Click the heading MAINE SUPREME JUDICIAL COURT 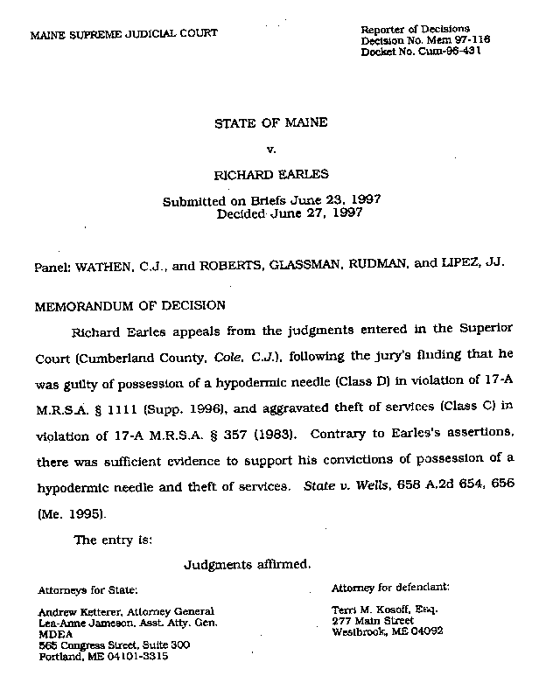click(x=124, y=34)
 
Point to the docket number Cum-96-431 click(x=449, y=52)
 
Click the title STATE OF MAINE click(x=271, y=123)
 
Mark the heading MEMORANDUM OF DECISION click(x=129, y=306)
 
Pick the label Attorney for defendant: click(x=390, y=588)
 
